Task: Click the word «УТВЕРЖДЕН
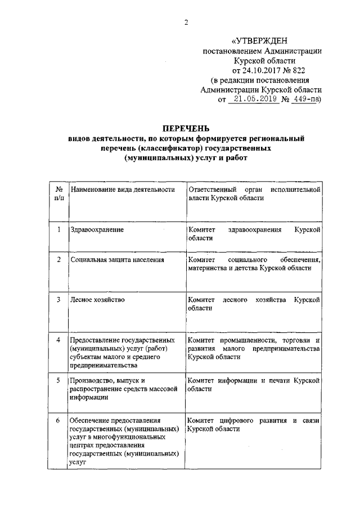(259, 41)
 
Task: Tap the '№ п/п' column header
(58, 195)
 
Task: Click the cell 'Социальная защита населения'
(116, 260)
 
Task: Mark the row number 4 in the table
(58, 340)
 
